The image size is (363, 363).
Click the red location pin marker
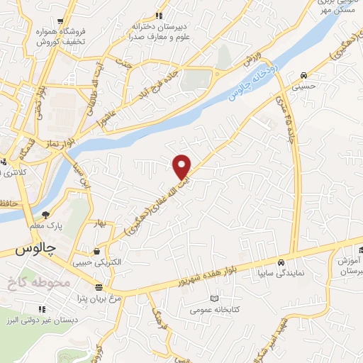[182, 166]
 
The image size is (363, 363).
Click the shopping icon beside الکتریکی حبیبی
[96, 250]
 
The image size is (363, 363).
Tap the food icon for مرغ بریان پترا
[98, 287]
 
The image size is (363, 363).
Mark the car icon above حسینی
[303, 75]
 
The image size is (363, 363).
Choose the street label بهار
[101, 225]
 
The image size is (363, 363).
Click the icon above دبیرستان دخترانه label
[160, 15]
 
